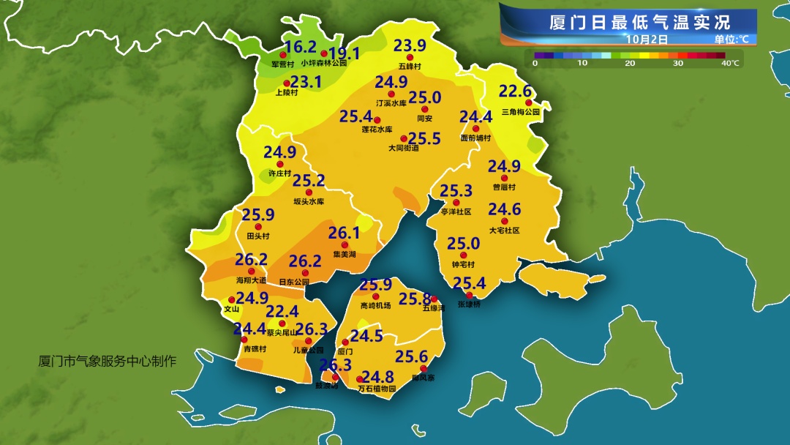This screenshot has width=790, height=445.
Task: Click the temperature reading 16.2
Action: click(300, 48)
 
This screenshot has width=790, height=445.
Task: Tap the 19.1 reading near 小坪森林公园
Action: click(344, 53)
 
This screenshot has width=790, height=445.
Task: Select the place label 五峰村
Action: click(410, 67)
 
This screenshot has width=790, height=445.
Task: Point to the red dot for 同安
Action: click(424, 109)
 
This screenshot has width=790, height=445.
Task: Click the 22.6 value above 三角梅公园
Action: click(514, 91)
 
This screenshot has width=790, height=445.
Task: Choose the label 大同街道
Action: click(404, 148)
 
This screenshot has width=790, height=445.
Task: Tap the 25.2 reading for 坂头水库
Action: click(308, 180)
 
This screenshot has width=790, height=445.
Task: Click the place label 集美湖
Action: click(344, 255)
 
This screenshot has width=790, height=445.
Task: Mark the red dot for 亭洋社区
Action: click(455, 203)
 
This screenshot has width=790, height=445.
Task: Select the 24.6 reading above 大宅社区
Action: click(504, 210)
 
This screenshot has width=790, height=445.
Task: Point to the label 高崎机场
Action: click(376, 306)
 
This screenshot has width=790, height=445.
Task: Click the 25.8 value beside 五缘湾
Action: click(414, 298)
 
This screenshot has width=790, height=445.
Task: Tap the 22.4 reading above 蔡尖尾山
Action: click(282, 312)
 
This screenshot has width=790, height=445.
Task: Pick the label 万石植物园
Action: click(377, 389)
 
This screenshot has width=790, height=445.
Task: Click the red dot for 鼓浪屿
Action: click(335, 378)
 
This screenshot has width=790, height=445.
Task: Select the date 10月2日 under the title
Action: click(647, 38)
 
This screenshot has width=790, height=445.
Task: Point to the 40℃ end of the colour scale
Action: click(730, 64)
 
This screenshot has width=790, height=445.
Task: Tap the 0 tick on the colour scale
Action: click(535, 64)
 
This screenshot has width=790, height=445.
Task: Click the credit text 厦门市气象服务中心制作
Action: click(108, 361)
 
